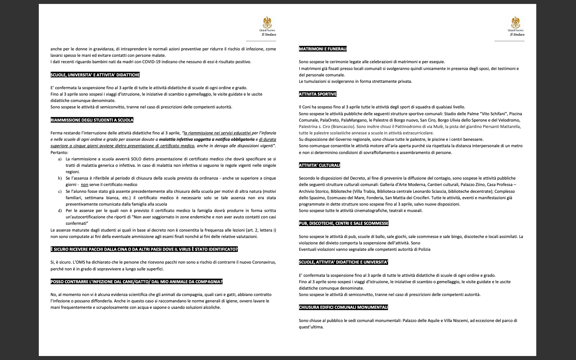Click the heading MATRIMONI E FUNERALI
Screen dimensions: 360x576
tap(322, 49)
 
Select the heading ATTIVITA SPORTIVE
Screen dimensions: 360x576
tap(318, 94)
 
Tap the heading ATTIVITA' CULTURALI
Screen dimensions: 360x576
tap(319, 165)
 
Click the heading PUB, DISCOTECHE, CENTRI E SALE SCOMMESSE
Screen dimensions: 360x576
tap(344, 223)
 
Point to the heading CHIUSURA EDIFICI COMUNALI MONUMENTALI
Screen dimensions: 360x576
tap(343, 307)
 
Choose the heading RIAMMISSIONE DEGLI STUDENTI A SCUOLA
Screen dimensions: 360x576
tap(92, 120)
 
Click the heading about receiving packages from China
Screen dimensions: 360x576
tap(144, 249)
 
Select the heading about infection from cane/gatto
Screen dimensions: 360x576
tap(136, 282)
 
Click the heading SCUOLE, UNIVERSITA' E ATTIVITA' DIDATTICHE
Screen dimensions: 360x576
tap(95, 75)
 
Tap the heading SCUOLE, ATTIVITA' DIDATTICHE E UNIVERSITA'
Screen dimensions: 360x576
tap(343, 262)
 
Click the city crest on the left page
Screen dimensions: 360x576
tap(267, 23)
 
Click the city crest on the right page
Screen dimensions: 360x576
tap(516, 23)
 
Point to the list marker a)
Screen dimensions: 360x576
tap(60, 159)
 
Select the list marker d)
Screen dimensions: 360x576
tap(60, 210)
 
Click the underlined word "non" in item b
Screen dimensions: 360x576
tap(84, 185)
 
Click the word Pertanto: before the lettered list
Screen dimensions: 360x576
tap(59, 152)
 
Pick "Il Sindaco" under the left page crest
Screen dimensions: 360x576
tap(269, 34)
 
